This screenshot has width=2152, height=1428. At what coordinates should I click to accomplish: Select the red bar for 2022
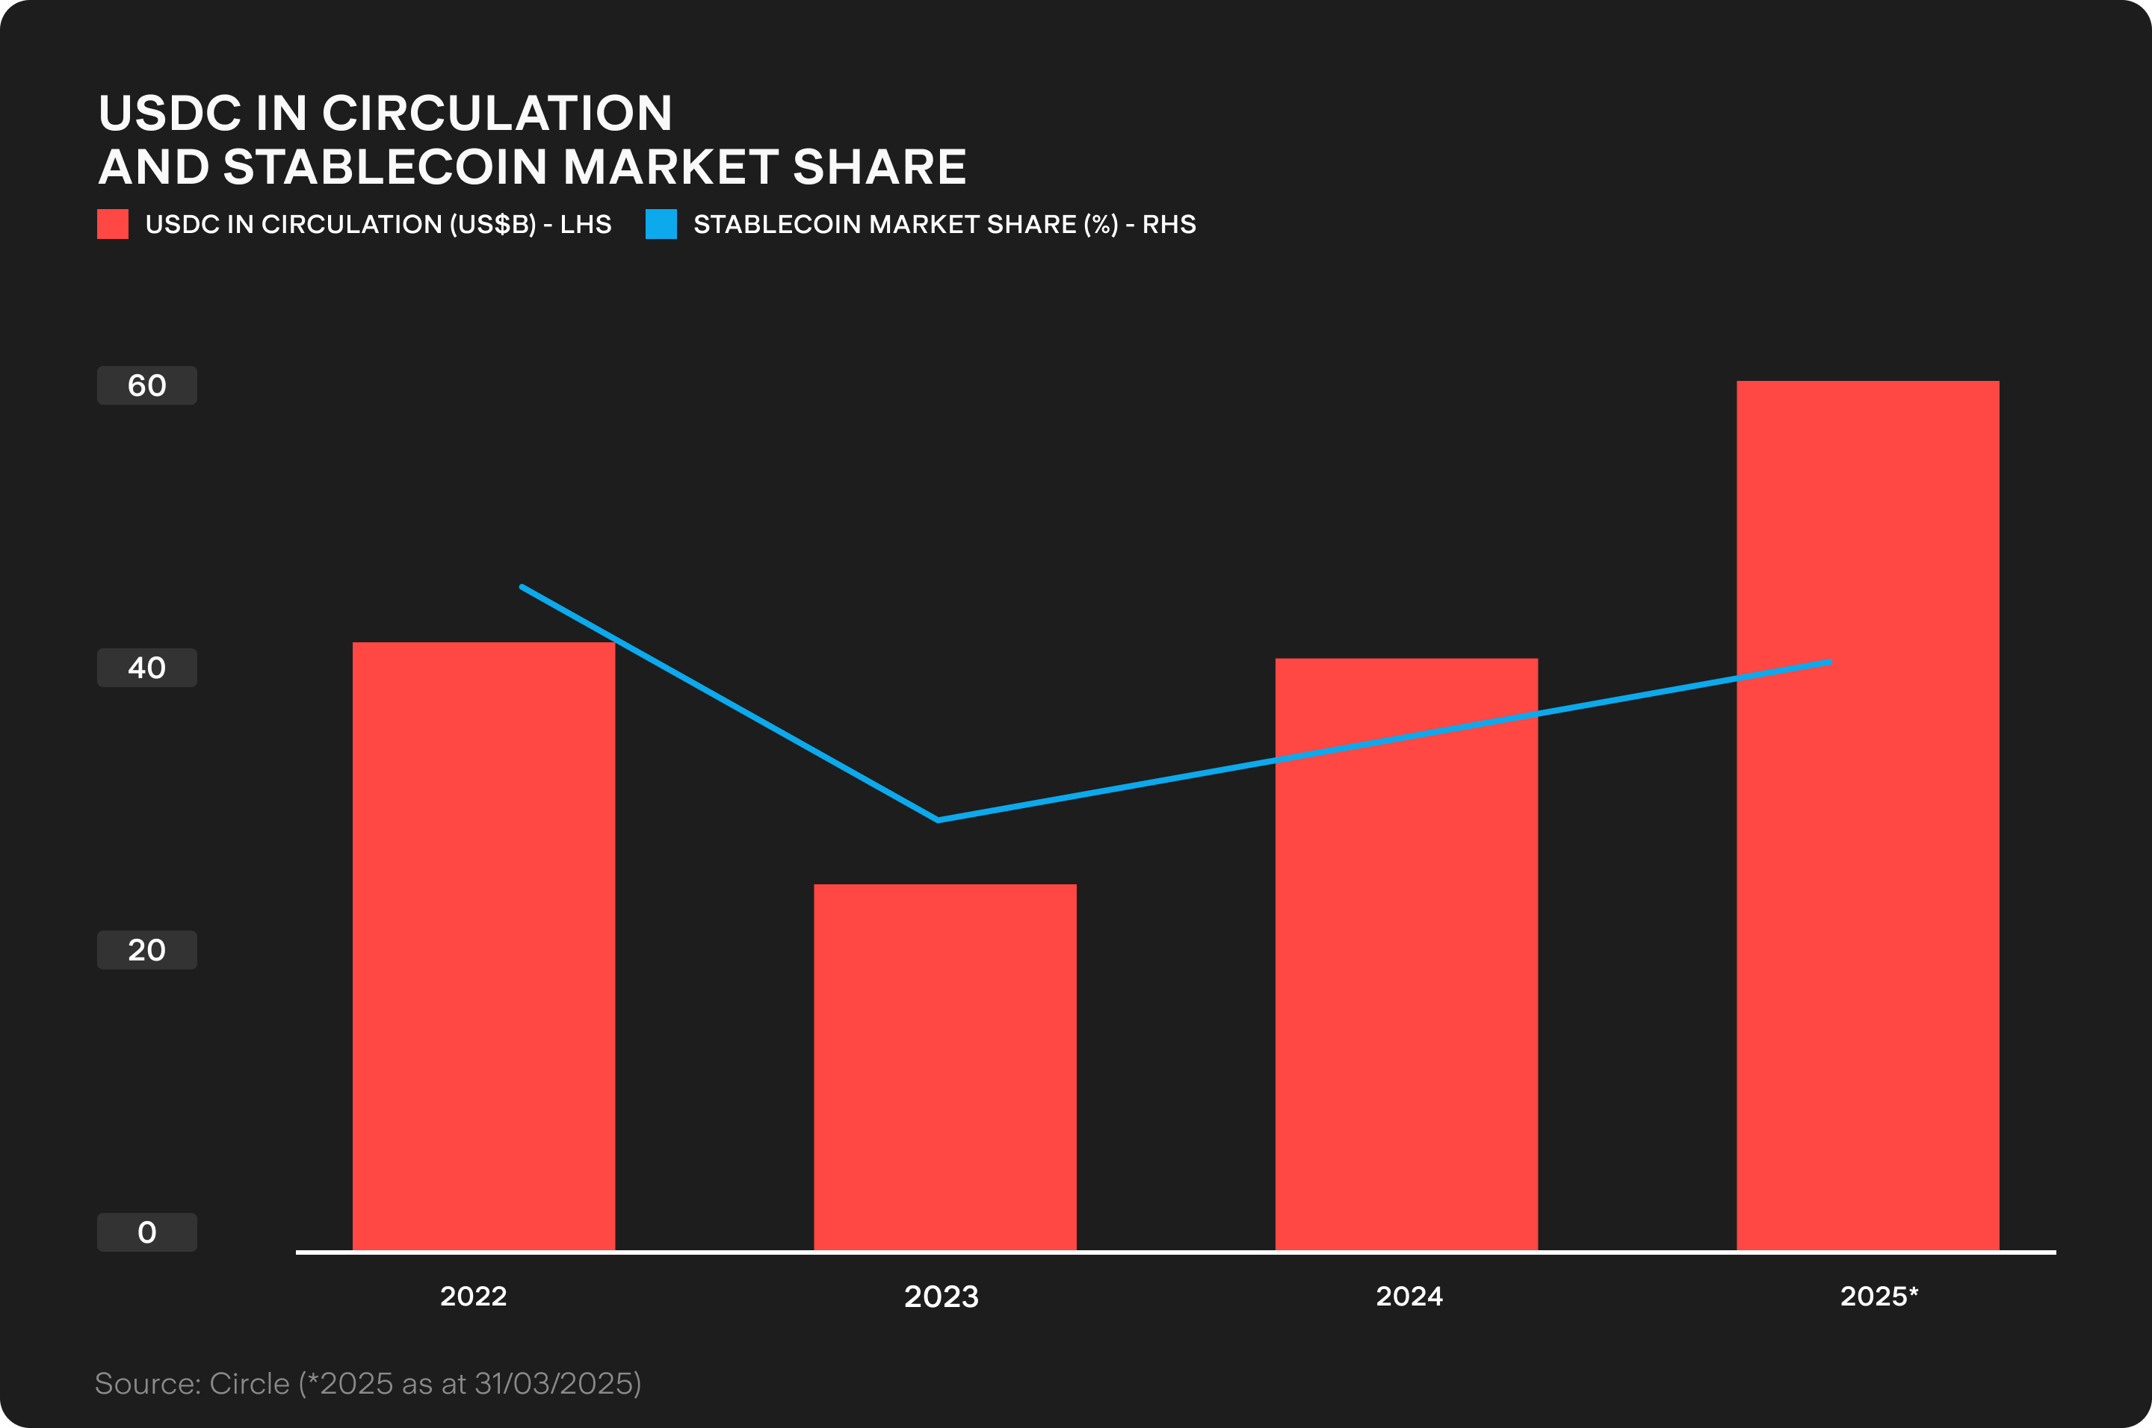pyautogui.click(x=483, y=947)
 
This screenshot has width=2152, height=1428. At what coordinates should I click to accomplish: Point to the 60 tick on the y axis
pyautogui.click(x=146, y=385)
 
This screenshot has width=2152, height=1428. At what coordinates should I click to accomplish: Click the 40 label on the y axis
pyautogui.click(x=146, y=668)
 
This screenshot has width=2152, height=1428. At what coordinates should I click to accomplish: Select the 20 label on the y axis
pyautogui.click(x=146, y=950)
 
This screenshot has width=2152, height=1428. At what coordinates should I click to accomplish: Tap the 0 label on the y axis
pyautogui.click(x=146, y=1232)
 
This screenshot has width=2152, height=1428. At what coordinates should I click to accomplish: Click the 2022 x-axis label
pyautogui.click(x=473, y=1296)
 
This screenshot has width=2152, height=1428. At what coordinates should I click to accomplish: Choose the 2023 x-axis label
pyautogui.click(x=941, y=1296)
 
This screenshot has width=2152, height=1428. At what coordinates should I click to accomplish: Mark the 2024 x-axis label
pyautogui.click(x=1409, y=1296)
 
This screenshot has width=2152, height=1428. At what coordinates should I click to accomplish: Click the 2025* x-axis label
pyautogui.click(x=1879, y=1296)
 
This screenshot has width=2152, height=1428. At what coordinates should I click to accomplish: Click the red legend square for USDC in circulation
pyautogui.click(x=113, y=224)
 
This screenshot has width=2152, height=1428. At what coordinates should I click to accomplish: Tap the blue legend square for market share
pyautogui.click(x=661, y=224)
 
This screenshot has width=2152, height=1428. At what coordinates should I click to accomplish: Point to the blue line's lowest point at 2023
pyautogui.click(x=939, y=819)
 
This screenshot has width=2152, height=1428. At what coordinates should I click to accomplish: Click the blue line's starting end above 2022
pyautogui.click(x=522, y=588)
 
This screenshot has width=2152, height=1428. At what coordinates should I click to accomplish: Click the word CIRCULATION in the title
pyautogui.click(x=497, y=113)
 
